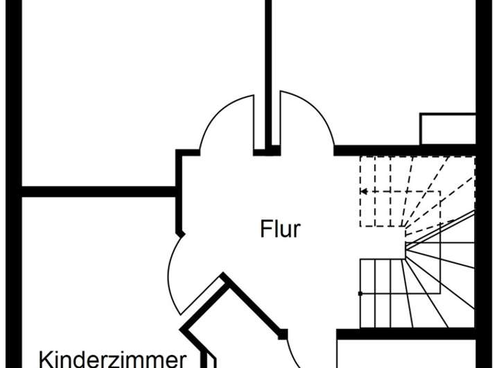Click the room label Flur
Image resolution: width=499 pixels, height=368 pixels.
tap(281, 228)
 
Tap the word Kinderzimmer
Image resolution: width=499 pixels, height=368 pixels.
tap(112, 359)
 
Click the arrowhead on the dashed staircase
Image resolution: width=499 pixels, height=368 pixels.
tap(362, 191)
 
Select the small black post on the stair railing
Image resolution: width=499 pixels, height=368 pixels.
tap(360, 294)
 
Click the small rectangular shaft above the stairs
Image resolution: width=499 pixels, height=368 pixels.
tap(448, 129)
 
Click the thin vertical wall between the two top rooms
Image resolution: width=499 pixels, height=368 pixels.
tap(266, 69)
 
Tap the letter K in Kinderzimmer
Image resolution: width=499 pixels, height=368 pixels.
tap(45, 360)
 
